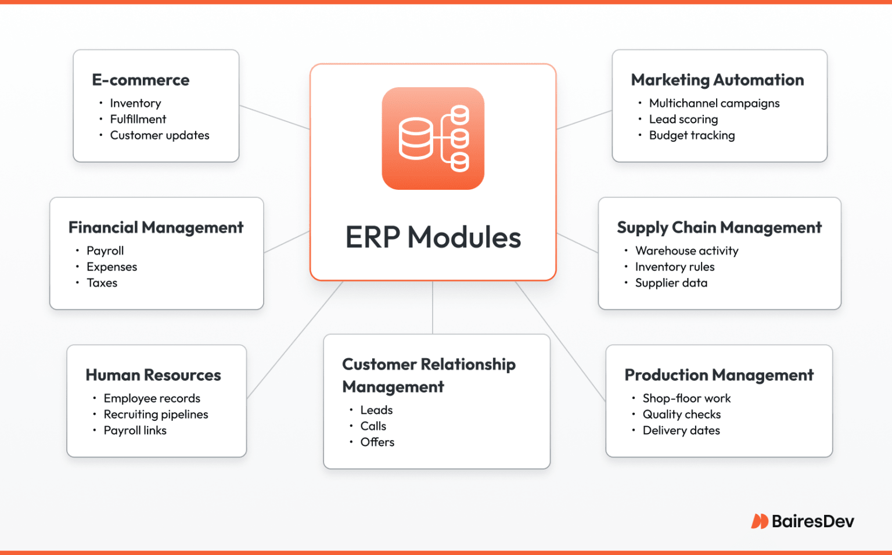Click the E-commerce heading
point(141,80)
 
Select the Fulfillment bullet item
point(138,119)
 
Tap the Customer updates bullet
point(159,135)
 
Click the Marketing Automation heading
point(717,80)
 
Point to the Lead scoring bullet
point(683,119)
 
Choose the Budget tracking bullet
point(692,135)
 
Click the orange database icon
point(433,138)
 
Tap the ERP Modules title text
point(433,237)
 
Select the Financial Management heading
point(156,228)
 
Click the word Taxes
point(102,283)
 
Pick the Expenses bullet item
point(111,267)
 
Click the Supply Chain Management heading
point(719,228)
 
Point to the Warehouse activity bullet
point(686,251)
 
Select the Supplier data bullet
point(671,283)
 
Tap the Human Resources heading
point(153,375)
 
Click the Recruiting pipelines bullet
point(156,415)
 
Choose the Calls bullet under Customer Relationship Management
point(373,426)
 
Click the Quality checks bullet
point(681,415)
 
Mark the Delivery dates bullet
point(681,431)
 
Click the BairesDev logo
point(803,521)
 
